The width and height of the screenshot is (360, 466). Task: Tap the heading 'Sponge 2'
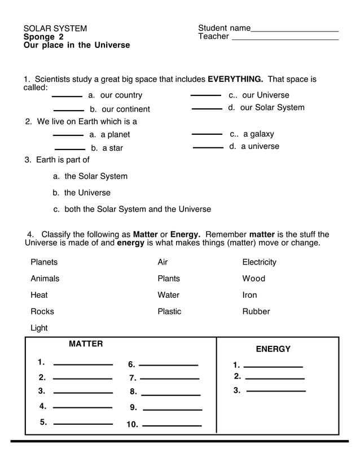(43, 37)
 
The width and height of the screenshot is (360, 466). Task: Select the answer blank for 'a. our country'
(67, 96)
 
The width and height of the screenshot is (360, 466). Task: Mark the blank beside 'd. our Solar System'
(207, 109)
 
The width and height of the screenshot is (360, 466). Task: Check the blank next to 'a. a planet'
(68, 135)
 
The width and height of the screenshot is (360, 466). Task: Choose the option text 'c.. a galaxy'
(252, 134)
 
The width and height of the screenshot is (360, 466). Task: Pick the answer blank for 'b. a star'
(69, 150)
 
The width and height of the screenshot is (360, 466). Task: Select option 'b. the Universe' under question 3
(81, 193)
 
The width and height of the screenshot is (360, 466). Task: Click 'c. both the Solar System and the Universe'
(132, 209)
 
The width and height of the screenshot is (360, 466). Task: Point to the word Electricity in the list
(259, 262)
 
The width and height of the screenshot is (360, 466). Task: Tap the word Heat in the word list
(39, 295)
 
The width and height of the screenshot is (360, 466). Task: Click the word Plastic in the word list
(169, 311)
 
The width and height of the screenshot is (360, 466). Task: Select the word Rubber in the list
(256, 311)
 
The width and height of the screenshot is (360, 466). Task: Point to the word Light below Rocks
(39, 328)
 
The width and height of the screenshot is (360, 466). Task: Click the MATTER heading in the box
(86, 344)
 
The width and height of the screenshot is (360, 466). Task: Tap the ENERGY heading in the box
(273, 349)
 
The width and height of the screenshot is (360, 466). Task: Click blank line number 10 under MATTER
(172, 425)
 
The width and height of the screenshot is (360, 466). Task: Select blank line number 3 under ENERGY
(276, 391)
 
